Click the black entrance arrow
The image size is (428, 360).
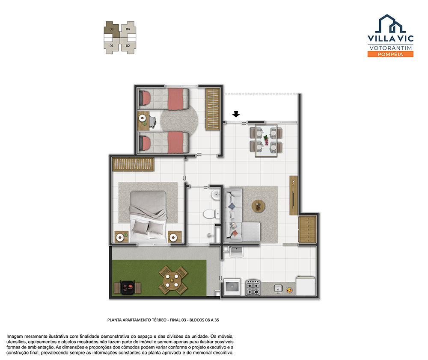pyautogui.click(x=236, y=114)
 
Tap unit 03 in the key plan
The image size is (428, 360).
pyautogui.click(x=112, y=29)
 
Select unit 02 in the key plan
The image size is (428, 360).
pyautogui.click(x=128, y=46)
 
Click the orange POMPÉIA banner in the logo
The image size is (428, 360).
pyautogui.click(x=390, y=54)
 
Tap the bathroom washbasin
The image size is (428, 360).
pyautogui.click(x=216, y=195)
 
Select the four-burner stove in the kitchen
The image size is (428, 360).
pyautogui.click(x=253, y=287)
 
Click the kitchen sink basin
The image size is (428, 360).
pyautogui.click(x=278, y=288)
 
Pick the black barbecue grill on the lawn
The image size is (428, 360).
pyautogui.click(x=128, y=288)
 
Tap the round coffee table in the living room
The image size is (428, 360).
pyautogui.click(x=258, y=206)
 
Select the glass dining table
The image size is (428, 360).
pyautogui.click(x=266, y=141)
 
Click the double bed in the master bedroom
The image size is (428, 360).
pyautogui.click(x=148, y=216)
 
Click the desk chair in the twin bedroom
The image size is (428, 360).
pyautogui.click(x=152, y=122)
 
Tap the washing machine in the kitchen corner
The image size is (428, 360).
pyautogui.click(x=232, y=287)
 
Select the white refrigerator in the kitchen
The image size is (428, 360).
pyautogui.click(x=306, y=286)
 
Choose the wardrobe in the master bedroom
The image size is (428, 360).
pyautogui.click(x=133, y=164)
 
